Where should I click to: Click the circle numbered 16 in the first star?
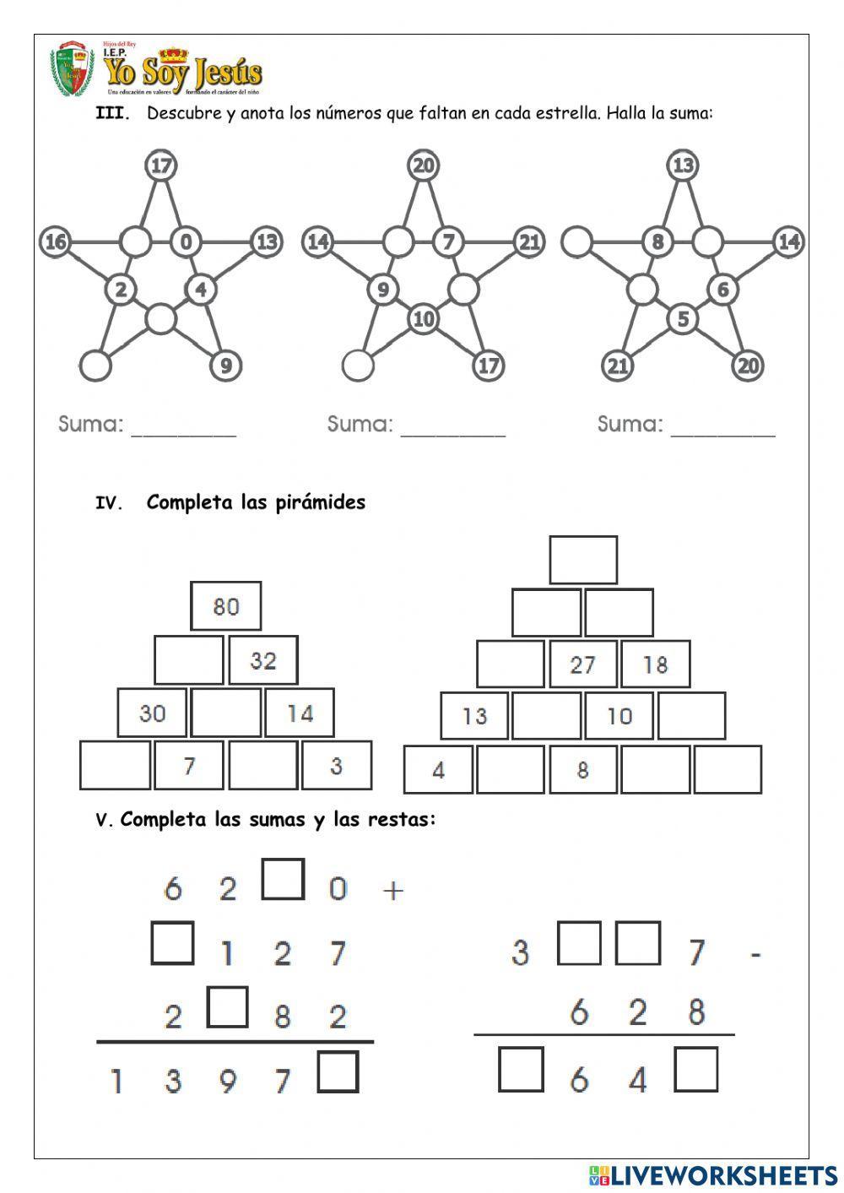click(55, 243)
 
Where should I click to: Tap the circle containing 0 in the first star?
click(186, 243)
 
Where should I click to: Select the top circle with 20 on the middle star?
click(424, 165)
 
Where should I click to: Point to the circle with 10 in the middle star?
click(424, 319)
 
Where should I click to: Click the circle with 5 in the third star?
click(683, 319)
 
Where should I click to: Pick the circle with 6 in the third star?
click(722, 290)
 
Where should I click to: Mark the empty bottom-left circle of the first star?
click(95, 366)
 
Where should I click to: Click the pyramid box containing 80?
click(226, 606)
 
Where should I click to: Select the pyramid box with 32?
click(263, 660)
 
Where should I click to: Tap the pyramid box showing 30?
click(153, 713)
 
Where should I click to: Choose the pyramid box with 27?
click(583, 664)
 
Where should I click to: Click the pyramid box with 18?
click(656, 664)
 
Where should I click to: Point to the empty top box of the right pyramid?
click(583, 560)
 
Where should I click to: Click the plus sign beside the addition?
click(393, 889)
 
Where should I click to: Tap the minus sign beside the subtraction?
click(755, 954)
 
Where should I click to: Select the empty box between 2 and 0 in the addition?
click(283, 879)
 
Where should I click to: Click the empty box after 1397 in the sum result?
click(338, 1071)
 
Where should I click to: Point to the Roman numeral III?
click(113, 114)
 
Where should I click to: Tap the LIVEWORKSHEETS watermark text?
click(723, 1174)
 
